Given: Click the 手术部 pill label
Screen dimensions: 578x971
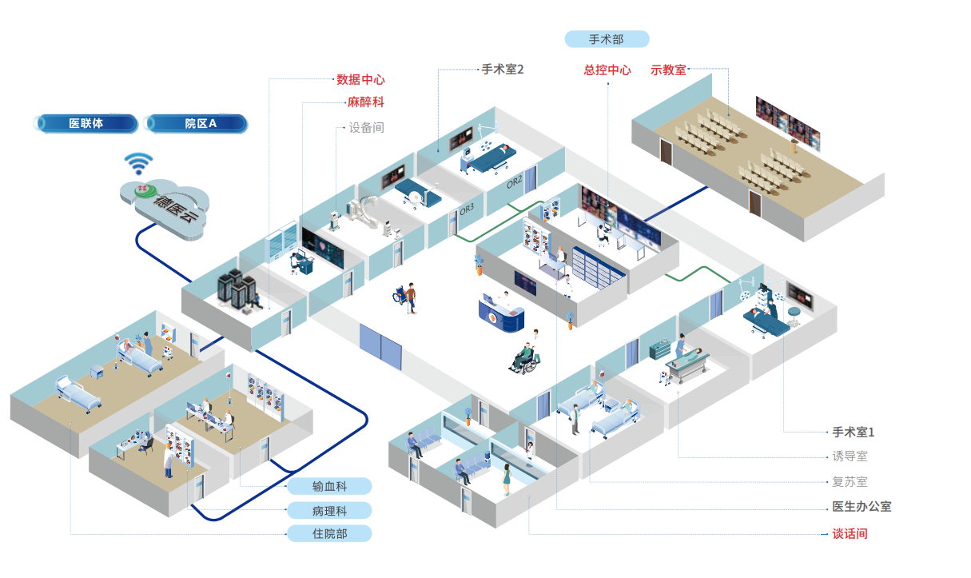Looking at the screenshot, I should pos(607,39).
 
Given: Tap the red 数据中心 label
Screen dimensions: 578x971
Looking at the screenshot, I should pos(360,80).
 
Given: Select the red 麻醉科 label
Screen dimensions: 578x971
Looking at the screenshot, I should pos(365,103).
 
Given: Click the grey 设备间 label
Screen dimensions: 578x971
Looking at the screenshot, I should pos(366,128).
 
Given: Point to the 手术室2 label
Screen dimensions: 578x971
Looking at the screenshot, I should pos(502,70).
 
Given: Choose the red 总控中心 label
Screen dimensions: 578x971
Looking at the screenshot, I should pos(607,70).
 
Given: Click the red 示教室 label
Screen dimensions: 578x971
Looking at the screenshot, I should pos(668,70).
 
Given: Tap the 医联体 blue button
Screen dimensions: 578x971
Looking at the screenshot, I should pos(86,124).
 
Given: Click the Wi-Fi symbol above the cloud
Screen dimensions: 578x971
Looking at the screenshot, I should pos(138,163).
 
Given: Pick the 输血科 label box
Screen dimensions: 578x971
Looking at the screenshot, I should pos(329,487).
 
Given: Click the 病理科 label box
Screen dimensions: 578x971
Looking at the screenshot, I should pos(329,510).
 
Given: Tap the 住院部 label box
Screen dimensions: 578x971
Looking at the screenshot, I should pos(329,533).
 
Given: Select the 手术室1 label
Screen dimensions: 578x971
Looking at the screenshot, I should pos(854,433).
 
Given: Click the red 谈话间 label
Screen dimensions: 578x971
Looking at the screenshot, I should pos(850,533).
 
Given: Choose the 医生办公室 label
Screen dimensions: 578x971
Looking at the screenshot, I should pos(862,507).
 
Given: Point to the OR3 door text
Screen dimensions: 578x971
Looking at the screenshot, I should pos(467,211).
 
